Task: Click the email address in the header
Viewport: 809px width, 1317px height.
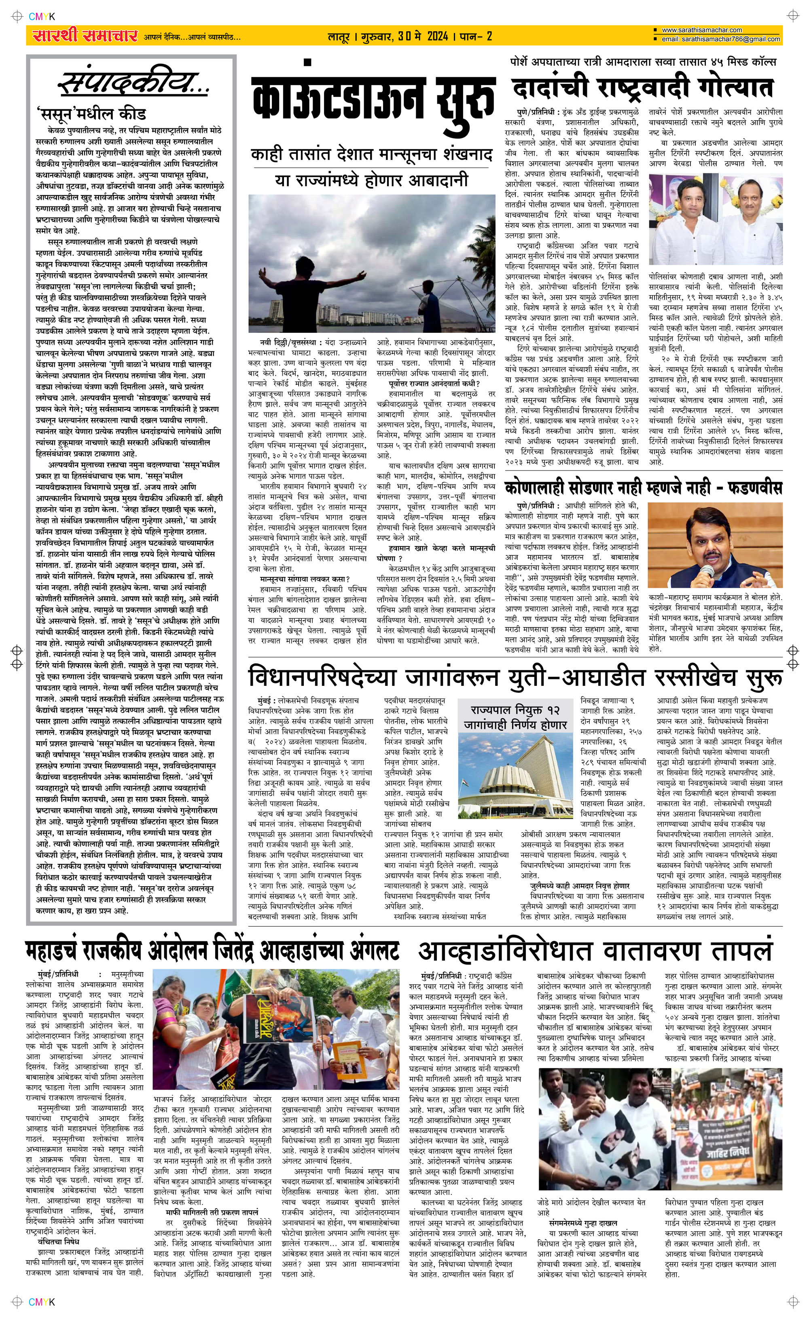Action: (721, 39)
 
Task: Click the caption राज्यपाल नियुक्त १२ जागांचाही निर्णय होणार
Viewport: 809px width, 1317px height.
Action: (515, 717)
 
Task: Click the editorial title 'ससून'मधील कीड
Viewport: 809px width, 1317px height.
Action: (91, 114)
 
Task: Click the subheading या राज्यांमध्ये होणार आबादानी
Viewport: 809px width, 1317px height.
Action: (371, 180)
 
